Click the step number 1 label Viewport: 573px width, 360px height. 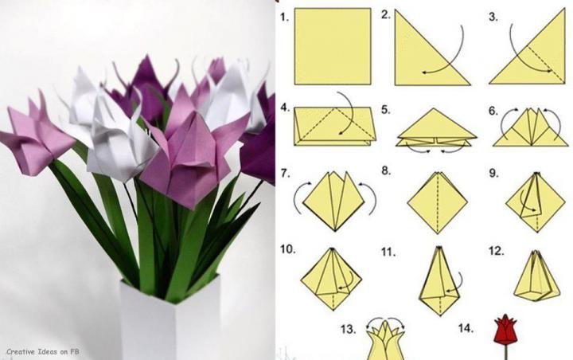pos(284,18)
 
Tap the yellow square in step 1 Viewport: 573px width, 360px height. pos(333,46)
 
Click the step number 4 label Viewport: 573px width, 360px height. pos(285,108)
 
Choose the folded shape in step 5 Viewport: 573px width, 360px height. pos(436,128)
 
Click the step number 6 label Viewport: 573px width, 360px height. pos(493,111)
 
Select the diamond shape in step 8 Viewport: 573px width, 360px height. pos(438,202)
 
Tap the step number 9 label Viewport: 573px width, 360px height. pos(493,173)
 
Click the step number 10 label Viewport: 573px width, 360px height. pos(288,249)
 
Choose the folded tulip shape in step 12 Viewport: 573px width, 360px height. pos(537,276)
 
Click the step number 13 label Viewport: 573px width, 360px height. pos(349,329)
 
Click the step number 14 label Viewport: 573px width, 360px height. pos(466,328)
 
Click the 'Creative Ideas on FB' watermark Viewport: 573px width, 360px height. pos(43,351)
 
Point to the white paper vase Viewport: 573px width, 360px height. pos(171,319)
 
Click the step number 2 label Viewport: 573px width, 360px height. pos(386,14)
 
